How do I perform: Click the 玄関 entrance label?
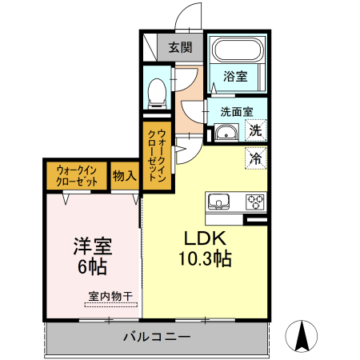180,47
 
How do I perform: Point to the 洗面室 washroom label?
237,112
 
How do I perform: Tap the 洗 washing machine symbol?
256,130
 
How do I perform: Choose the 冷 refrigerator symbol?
256,158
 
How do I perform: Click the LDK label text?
207,239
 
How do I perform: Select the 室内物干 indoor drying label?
111,296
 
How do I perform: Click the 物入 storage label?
124,175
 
